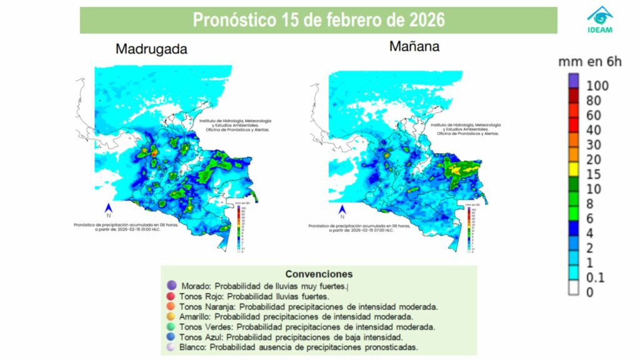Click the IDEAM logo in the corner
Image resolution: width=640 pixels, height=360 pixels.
tap(600, 19)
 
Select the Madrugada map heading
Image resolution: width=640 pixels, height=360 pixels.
tap(151, 50)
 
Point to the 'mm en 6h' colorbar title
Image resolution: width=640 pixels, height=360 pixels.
tap(590, 61)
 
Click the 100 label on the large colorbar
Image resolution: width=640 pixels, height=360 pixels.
tap(597, 85)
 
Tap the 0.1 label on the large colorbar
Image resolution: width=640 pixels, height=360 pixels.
tap(596, 277)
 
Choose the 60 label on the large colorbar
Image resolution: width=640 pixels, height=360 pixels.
tap(594, 115)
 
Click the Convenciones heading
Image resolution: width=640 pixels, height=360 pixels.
tap(319, 274)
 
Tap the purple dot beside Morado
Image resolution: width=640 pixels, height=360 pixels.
tap(171, 286)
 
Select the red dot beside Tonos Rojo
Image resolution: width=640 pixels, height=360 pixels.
tap(171, 296)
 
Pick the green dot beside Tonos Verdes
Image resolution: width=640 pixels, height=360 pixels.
tap(171, 327)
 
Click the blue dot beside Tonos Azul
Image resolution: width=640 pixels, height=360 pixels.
tap(171, 337)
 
